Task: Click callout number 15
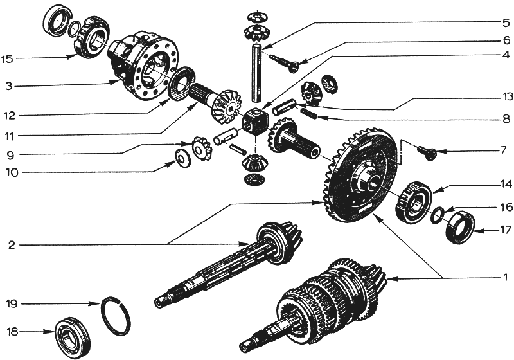point(7,59)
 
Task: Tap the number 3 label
point(9,87)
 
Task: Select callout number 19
point(12,304)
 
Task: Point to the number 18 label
point(12,332)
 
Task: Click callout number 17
point(506,231)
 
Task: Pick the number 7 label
point(504,151)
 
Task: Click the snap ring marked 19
point(117,316)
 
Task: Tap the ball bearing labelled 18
point(73,337)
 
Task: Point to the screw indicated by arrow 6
point(284,63)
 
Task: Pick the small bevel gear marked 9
point(201,148)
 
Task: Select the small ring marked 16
point(438,216)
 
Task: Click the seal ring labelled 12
point(181,83)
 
